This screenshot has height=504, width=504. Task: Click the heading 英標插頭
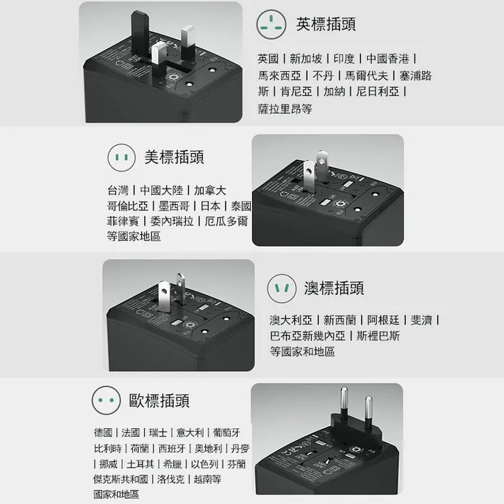[326, 24]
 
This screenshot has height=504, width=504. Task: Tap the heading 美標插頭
[174, 157]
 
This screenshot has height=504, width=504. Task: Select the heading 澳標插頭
[334, 287]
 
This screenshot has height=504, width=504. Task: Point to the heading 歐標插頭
[159, 400]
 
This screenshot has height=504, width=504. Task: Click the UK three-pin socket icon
[271, 25]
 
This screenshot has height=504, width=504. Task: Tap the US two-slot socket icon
[122, 158]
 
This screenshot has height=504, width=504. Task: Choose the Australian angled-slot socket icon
[281, 288]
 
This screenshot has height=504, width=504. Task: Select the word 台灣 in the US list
[117, 190]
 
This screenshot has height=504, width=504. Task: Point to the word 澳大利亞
[291, 320]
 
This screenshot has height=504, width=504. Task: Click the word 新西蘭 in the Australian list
[338, 320]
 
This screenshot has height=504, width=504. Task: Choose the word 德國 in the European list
[104, 432]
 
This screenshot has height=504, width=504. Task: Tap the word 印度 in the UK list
[344, 59]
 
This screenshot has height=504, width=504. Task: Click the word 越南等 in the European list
[206, 479]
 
